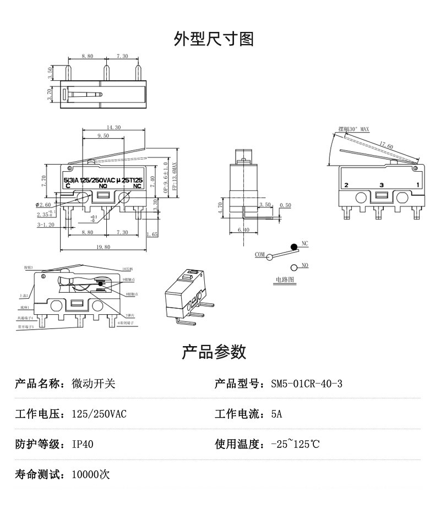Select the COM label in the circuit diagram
coord(260,255)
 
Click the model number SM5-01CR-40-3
coord(306,384)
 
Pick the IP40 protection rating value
coord(83,444)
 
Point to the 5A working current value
coord(276,414)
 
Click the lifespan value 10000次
coord(91,474)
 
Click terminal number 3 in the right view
coord(381,185)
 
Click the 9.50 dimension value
coord(103,135)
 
